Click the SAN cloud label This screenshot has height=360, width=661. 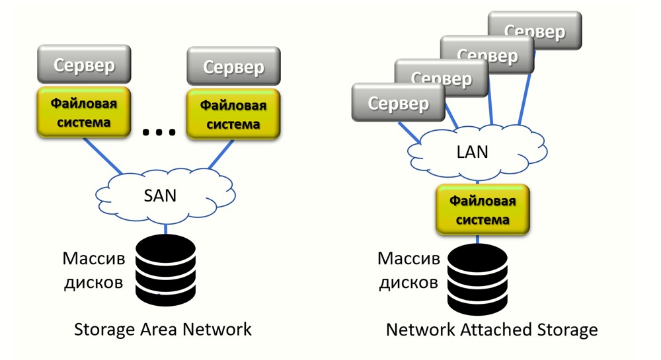[x=161, y=196]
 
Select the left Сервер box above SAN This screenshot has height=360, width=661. [x=84, y=65]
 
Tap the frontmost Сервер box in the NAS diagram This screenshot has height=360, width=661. [x=398, y=103]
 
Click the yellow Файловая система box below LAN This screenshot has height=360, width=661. [x=483, y=210]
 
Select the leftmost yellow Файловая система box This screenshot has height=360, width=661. [x=84, y=113]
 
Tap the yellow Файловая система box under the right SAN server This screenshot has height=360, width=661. [x=233, y=115]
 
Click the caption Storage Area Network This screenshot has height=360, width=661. [x=163, y=329]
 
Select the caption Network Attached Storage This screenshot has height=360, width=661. [x=492, y=329]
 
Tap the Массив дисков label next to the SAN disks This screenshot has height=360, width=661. [x=93, y=270]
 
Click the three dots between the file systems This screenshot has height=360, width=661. [x=159, y=132]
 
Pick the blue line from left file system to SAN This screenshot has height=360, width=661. [x=102, y=157]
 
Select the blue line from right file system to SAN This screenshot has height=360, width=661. [x=220, y=156]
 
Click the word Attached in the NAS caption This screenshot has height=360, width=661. [x=492, y=329]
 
